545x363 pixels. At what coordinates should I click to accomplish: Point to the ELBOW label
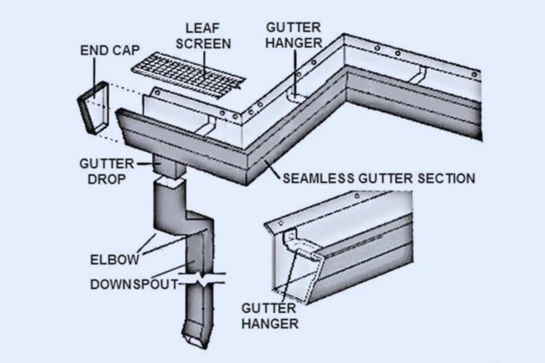click(x=114, y=259)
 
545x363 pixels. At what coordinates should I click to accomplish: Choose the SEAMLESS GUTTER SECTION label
click(x=378, y=179)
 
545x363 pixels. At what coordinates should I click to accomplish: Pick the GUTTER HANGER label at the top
click(x=293, y=34)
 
